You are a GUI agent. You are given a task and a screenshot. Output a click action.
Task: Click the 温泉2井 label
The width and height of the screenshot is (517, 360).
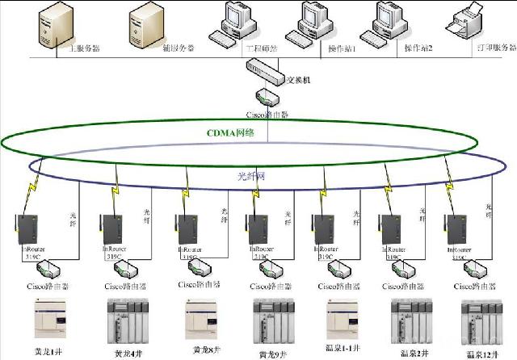[410, 352]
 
